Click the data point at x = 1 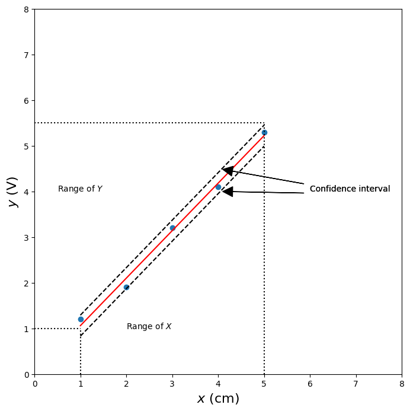click(x=81, y=319)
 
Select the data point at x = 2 click(x=126, y=287)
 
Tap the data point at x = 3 click(x=172, y=228)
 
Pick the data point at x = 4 click(x=218, y=187)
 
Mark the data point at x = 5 click(x=264, y=132)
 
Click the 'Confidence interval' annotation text click(x=350, y=189)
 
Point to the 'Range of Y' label click(x=80, y=189)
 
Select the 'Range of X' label click(x=149, y=327)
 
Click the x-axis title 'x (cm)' click(x=218, y=399)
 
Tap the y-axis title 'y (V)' click(x=12, y=192)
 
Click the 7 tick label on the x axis click(x=356, y=385)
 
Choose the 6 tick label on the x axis click(x=310, y=385)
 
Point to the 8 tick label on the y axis click(x=26, y=9)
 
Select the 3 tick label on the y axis click(x=26, y=238)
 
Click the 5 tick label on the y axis click(x=26, y=146)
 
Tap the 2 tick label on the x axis click(x=126, y=385)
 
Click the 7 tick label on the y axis click(x=26, y=55)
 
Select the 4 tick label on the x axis click(x=218, y=385)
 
